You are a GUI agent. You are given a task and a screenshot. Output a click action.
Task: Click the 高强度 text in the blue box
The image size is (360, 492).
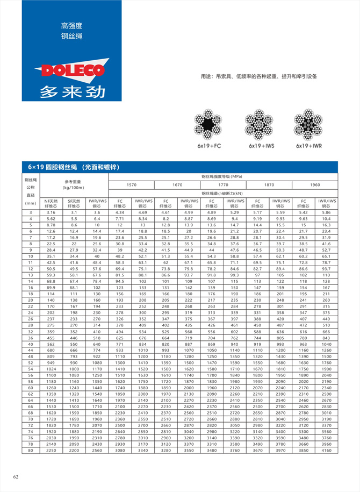71,25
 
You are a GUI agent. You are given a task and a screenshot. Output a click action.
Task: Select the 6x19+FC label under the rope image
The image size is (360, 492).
209,146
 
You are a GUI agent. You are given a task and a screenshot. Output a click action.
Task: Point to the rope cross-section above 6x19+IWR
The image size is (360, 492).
308,125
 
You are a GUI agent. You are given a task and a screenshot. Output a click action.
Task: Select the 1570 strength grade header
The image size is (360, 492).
131,185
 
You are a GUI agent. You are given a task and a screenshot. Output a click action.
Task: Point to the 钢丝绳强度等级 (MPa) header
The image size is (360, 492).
222,176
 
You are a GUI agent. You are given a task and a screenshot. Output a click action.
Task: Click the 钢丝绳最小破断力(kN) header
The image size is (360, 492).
222,192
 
